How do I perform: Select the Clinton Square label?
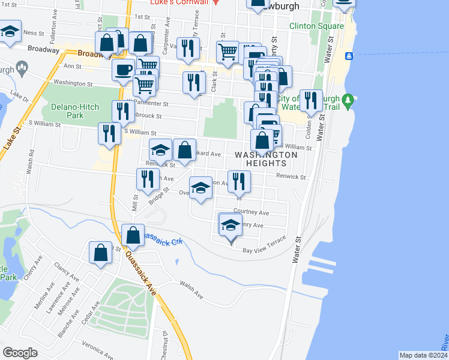[x=316, y=26]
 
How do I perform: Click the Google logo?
[x=20, y=353]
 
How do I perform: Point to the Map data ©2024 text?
[x=423, y=355]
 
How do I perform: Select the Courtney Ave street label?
[x=251, y=212]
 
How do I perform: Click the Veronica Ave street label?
[x=98, y=350]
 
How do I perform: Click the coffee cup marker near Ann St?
[x=124, y=70]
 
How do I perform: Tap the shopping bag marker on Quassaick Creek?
[x=133, y=236]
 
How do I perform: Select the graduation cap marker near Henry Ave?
[x=230, y=226]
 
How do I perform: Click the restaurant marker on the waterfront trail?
[x=310, y=100]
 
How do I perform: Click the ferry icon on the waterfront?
[x=349, y=56]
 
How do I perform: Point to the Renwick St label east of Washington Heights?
[x=291, y=177]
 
